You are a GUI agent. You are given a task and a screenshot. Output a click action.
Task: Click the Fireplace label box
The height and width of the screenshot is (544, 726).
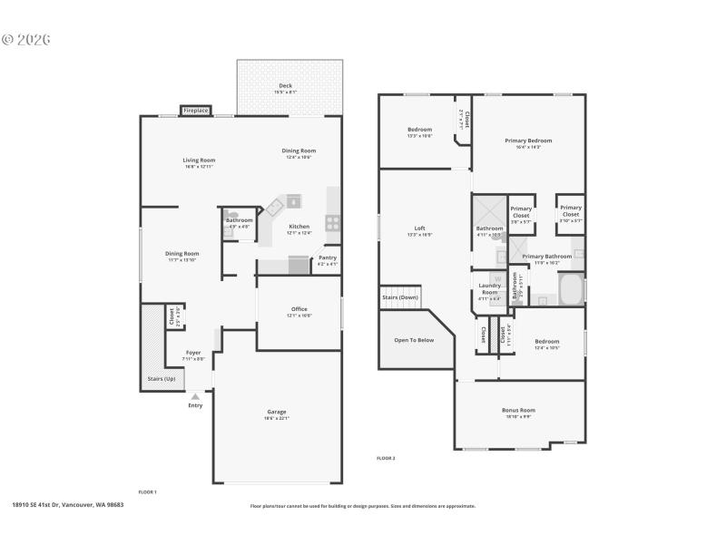click(x=195, y=111)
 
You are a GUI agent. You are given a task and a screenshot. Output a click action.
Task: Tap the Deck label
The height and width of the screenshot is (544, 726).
click(x=285, y=86)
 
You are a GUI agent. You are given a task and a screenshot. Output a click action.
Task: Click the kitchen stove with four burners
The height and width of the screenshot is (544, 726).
click(x=332, y=220)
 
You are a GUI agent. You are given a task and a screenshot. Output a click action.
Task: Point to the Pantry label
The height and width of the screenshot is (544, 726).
click(x=327, y=259)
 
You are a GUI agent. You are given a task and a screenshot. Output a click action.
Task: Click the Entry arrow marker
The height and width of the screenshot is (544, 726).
click(x=194, y=396)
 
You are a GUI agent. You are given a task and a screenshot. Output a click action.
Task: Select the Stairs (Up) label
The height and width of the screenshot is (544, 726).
click(x=162, y=379)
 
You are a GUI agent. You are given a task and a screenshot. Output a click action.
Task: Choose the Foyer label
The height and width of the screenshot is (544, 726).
click(x=193, y=353)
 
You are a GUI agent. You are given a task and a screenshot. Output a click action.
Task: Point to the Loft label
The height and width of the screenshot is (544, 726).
click(x=419, y=228)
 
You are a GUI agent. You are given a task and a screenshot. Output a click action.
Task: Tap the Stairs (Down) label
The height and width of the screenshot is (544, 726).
click(x=400, y=296)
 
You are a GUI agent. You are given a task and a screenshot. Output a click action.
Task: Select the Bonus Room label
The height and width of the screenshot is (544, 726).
click(x=518, y=411)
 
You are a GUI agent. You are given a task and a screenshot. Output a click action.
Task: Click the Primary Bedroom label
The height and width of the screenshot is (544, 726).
click(x=528, y=141)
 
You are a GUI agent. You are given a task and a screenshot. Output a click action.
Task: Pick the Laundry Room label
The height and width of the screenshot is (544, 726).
click(x=489, y=288)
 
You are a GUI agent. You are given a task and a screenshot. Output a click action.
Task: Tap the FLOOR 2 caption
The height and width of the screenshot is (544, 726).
click(x=386, y=458)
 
